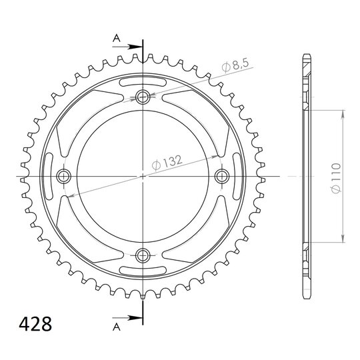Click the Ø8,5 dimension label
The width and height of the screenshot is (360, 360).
(235, 65)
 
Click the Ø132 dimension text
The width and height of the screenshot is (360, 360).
(167, 163)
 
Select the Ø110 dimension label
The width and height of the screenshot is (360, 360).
(335, 178)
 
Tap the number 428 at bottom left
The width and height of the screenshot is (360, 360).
(35, 324)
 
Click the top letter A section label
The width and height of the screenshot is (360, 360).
(117, 39)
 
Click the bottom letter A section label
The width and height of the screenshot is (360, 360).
(117, 327)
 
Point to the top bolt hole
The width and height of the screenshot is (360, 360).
(143, 97)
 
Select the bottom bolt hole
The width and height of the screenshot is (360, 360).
(143, 255)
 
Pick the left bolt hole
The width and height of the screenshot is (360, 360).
(63, 176)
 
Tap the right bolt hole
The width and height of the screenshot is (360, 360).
(222, 176)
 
